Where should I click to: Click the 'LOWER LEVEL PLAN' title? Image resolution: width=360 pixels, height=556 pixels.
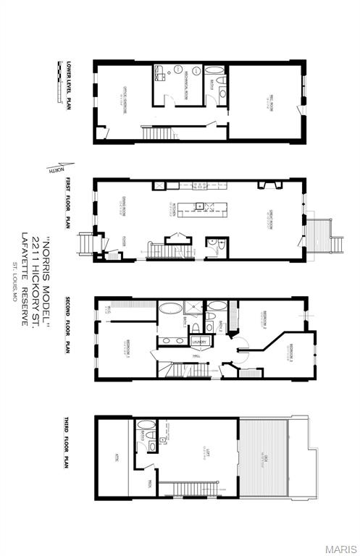(x=67, y=85)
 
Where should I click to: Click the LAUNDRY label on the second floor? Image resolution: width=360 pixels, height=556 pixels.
(x=200, y=341)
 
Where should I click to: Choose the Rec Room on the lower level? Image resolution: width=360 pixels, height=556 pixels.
(x=266, y=101)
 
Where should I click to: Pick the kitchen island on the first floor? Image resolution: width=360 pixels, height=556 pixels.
(x=203, y=208)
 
